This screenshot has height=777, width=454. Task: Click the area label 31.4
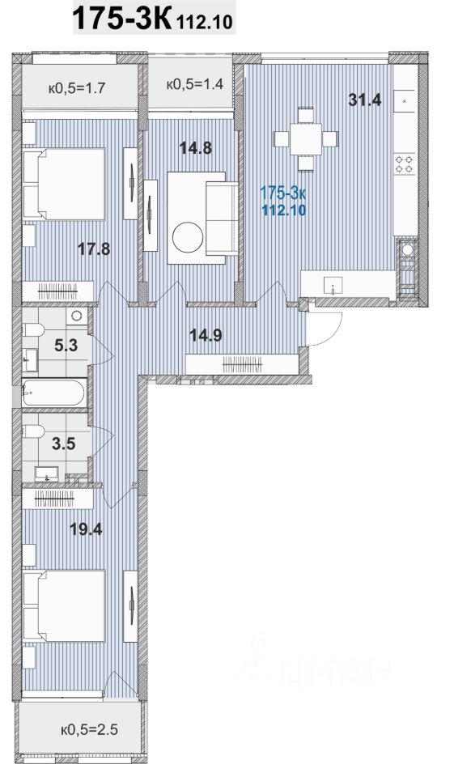(364, 100)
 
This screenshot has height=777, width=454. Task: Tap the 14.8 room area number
(196, 147)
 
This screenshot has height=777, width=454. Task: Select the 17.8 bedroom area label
(94, 248)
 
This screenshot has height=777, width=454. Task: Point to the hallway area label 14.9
(206, 335)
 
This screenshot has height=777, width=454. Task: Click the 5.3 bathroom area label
(66, 345)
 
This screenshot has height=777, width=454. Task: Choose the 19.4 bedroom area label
(86, 529)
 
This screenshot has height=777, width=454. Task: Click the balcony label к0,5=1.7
(77, 89)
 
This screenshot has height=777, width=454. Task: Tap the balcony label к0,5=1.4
(195, 83)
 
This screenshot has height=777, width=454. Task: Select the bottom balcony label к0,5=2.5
(89, 729)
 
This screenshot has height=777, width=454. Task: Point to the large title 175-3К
(122, 18)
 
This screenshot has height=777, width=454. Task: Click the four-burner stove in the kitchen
(404, 164)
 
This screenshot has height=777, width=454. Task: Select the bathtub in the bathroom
(53, 393)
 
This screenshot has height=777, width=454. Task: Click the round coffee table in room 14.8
(188, 237)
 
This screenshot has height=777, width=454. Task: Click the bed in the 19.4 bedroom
(65, 605)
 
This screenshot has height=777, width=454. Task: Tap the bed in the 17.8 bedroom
(65, 184)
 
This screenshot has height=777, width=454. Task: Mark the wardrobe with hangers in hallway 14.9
(242, 365)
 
